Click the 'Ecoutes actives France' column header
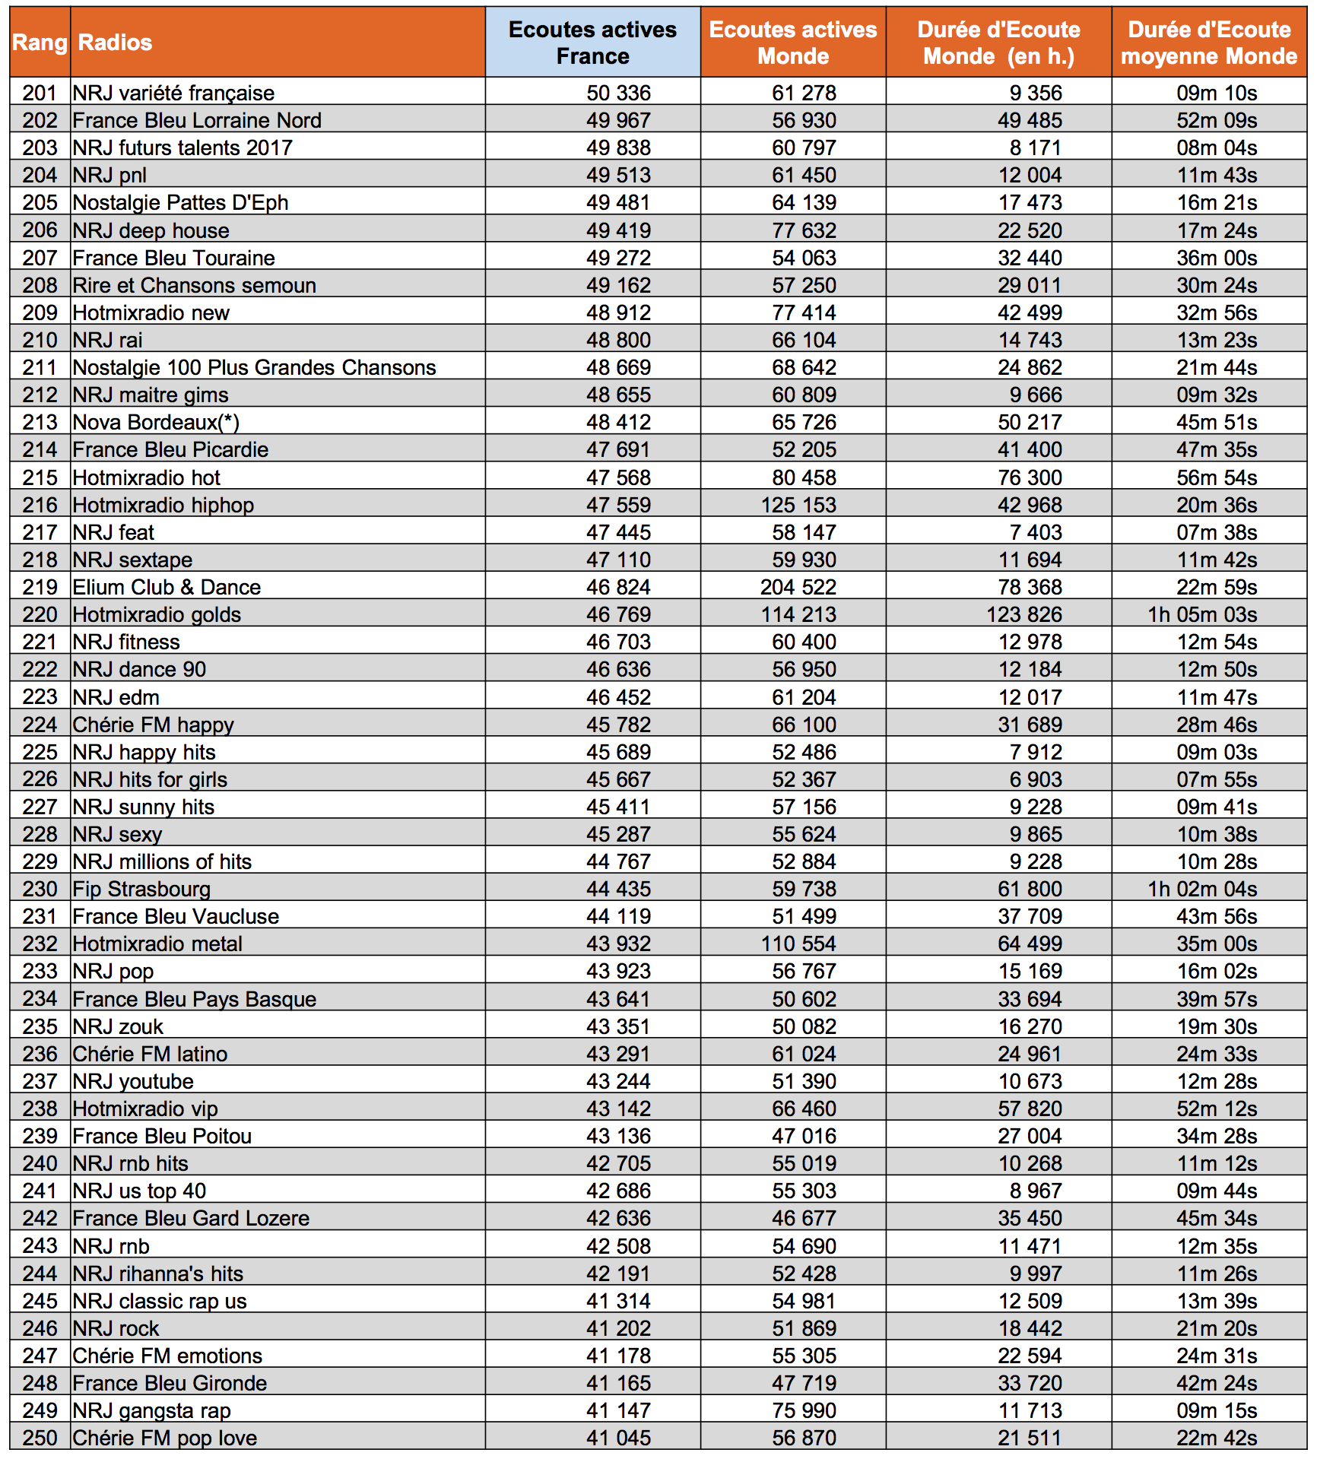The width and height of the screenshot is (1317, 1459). [x=592, y=43]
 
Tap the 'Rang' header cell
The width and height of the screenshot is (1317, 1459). [x=40, y=43]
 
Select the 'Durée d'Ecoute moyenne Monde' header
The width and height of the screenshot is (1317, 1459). [x=1208, y=43]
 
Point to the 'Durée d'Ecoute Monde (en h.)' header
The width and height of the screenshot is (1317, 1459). [x=998, y=43]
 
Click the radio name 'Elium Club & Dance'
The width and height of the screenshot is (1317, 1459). [x=167, y=587]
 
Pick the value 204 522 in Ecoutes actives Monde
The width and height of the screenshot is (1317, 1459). [x=798, y=587]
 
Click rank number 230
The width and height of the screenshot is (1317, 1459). [x=40, y=889]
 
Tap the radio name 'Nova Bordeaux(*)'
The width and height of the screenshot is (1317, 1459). [x=156, y=422]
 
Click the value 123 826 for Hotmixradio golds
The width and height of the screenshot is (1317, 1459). [x=1023, y=614]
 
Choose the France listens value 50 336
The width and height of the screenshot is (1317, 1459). [x=618, y=93]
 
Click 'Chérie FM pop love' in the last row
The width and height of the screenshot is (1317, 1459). [x=164, y=1438]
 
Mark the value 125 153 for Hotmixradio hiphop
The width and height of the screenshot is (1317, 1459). [x=798, y=505]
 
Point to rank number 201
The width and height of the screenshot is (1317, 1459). [x=40, y=93]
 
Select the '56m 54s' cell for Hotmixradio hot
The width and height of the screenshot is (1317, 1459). [x=1217, y=477]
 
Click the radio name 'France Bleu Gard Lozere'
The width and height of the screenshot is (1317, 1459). [x=191, y=1218]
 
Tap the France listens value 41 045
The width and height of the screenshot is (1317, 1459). [x=618, y=1438]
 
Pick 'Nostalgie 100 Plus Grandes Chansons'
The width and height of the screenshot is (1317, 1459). [x=254, y=367]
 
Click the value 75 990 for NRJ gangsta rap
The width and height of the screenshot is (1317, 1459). [x=804, y=1410]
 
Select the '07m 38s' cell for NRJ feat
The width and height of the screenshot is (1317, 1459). [x=1217, y=532]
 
